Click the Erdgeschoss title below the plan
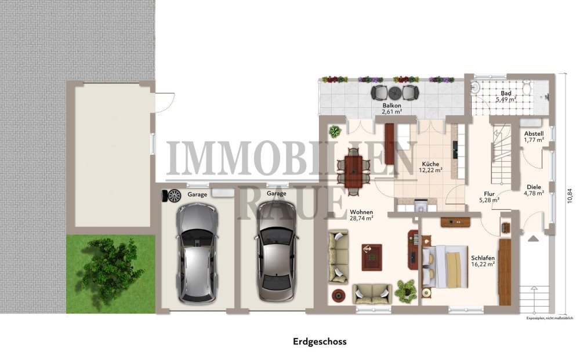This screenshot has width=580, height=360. (320, 341)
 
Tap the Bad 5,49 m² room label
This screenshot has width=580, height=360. (506, 96)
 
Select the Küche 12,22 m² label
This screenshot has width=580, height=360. (431, 167)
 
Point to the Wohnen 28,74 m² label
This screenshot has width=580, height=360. (361, 214)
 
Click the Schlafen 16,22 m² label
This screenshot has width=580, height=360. (483, 260)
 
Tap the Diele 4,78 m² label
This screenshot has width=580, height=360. (534, 190)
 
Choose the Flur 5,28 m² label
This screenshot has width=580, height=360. (489, 197)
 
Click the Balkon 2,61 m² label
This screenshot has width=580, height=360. (392, 109)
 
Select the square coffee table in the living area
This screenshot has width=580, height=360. (372, 257)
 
